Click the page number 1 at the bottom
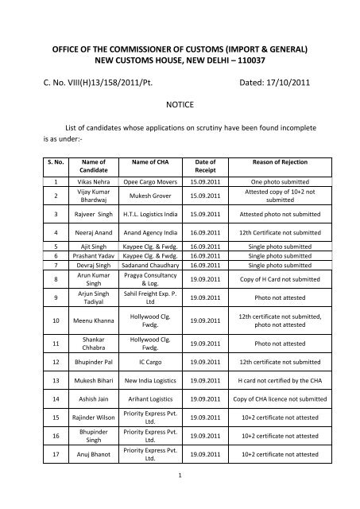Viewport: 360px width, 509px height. coord(180,495)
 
